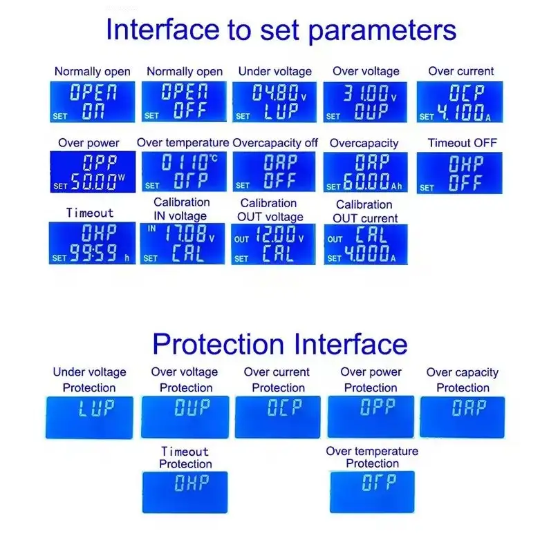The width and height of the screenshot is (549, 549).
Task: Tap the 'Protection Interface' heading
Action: (280, 344)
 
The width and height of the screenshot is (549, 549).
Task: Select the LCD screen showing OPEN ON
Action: (92, 102)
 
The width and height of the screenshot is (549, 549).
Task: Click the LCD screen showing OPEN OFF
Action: (184, 102)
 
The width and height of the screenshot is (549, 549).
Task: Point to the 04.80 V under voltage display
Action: (274, 102)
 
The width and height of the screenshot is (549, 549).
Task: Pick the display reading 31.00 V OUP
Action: (365, 102)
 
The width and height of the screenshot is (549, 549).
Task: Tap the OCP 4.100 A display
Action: (460, 102)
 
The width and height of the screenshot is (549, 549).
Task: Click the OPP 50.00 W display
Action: (93, 172)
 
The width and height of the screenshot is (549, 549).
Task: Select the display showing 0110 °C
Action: (184, 171)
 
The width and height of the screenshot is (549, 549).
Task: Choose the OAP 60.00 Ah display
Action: (365, 172)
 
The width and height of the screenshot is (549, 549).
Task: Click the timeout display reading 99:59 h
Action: (92, 243)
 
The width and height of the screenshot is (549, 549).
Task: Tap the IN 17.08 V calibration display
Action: (183, 244)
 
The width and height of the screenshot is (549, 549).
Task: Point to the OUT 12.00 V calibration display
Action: (273, 244)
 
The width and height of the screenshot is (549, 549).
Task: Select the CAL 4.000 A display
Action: (366, 244)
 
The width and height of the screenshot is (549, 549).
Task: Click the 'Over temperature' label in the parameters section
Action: (183, 142)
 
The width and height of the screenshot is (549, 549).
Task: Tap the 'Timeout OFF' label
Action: (462, 143)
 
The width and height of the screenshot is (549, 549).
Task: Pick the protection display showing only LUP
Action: (89, 417)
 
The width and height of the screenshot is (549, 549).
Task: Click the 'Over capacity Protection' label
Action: (463, 380)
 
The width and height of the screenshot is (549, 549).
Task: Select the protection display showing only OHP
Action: (185, 492)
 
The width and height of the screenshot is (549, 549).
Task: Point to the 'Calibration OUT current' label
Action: (365, 211)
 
